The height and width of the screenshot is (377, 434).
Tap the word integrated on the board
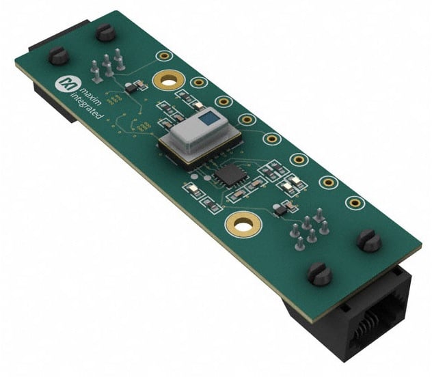pos(86,106)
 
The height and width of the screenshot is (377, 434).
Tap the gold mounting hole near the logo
pos(169,80)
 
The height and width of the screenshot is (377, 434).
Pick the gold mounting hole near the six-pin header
pos(243,224)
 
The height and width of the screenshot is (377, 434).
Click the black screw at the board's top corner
pos(105,32)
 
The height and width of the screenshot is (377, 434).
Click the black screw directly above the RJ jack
pos(320,274)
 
